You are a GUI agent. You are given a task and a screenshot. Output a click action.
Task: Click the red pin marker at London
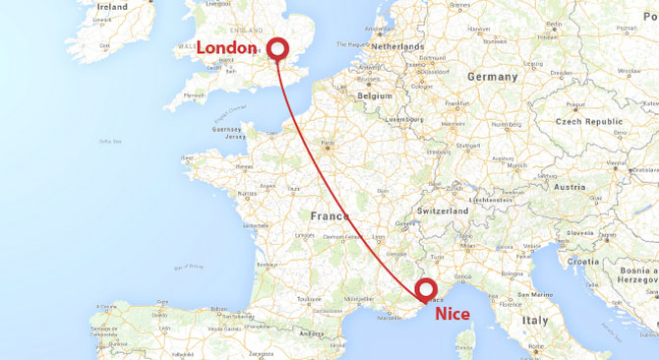[277, 48]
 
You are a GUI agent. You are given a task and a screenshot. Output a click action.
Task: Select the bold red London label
[231, 48]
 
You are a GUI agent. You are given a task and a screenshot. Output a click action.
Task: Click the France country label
[330, 216]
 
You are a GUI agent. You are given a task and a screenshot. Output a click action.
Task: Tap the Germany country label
[493, 77]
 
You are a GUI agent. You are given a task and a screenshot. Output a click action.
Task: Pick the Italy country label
[536, 320]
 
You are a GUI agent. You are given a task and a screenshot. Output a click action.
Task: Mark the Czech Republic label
[590, 121]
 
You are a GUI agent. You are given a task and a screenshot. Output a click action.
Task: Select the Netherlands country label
[397, 46]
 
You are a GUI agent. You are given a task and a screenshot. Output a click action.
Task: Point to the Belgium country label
[374, 96]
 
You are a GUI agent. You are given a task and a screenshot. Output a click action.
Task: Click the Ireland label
[112, 7]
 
